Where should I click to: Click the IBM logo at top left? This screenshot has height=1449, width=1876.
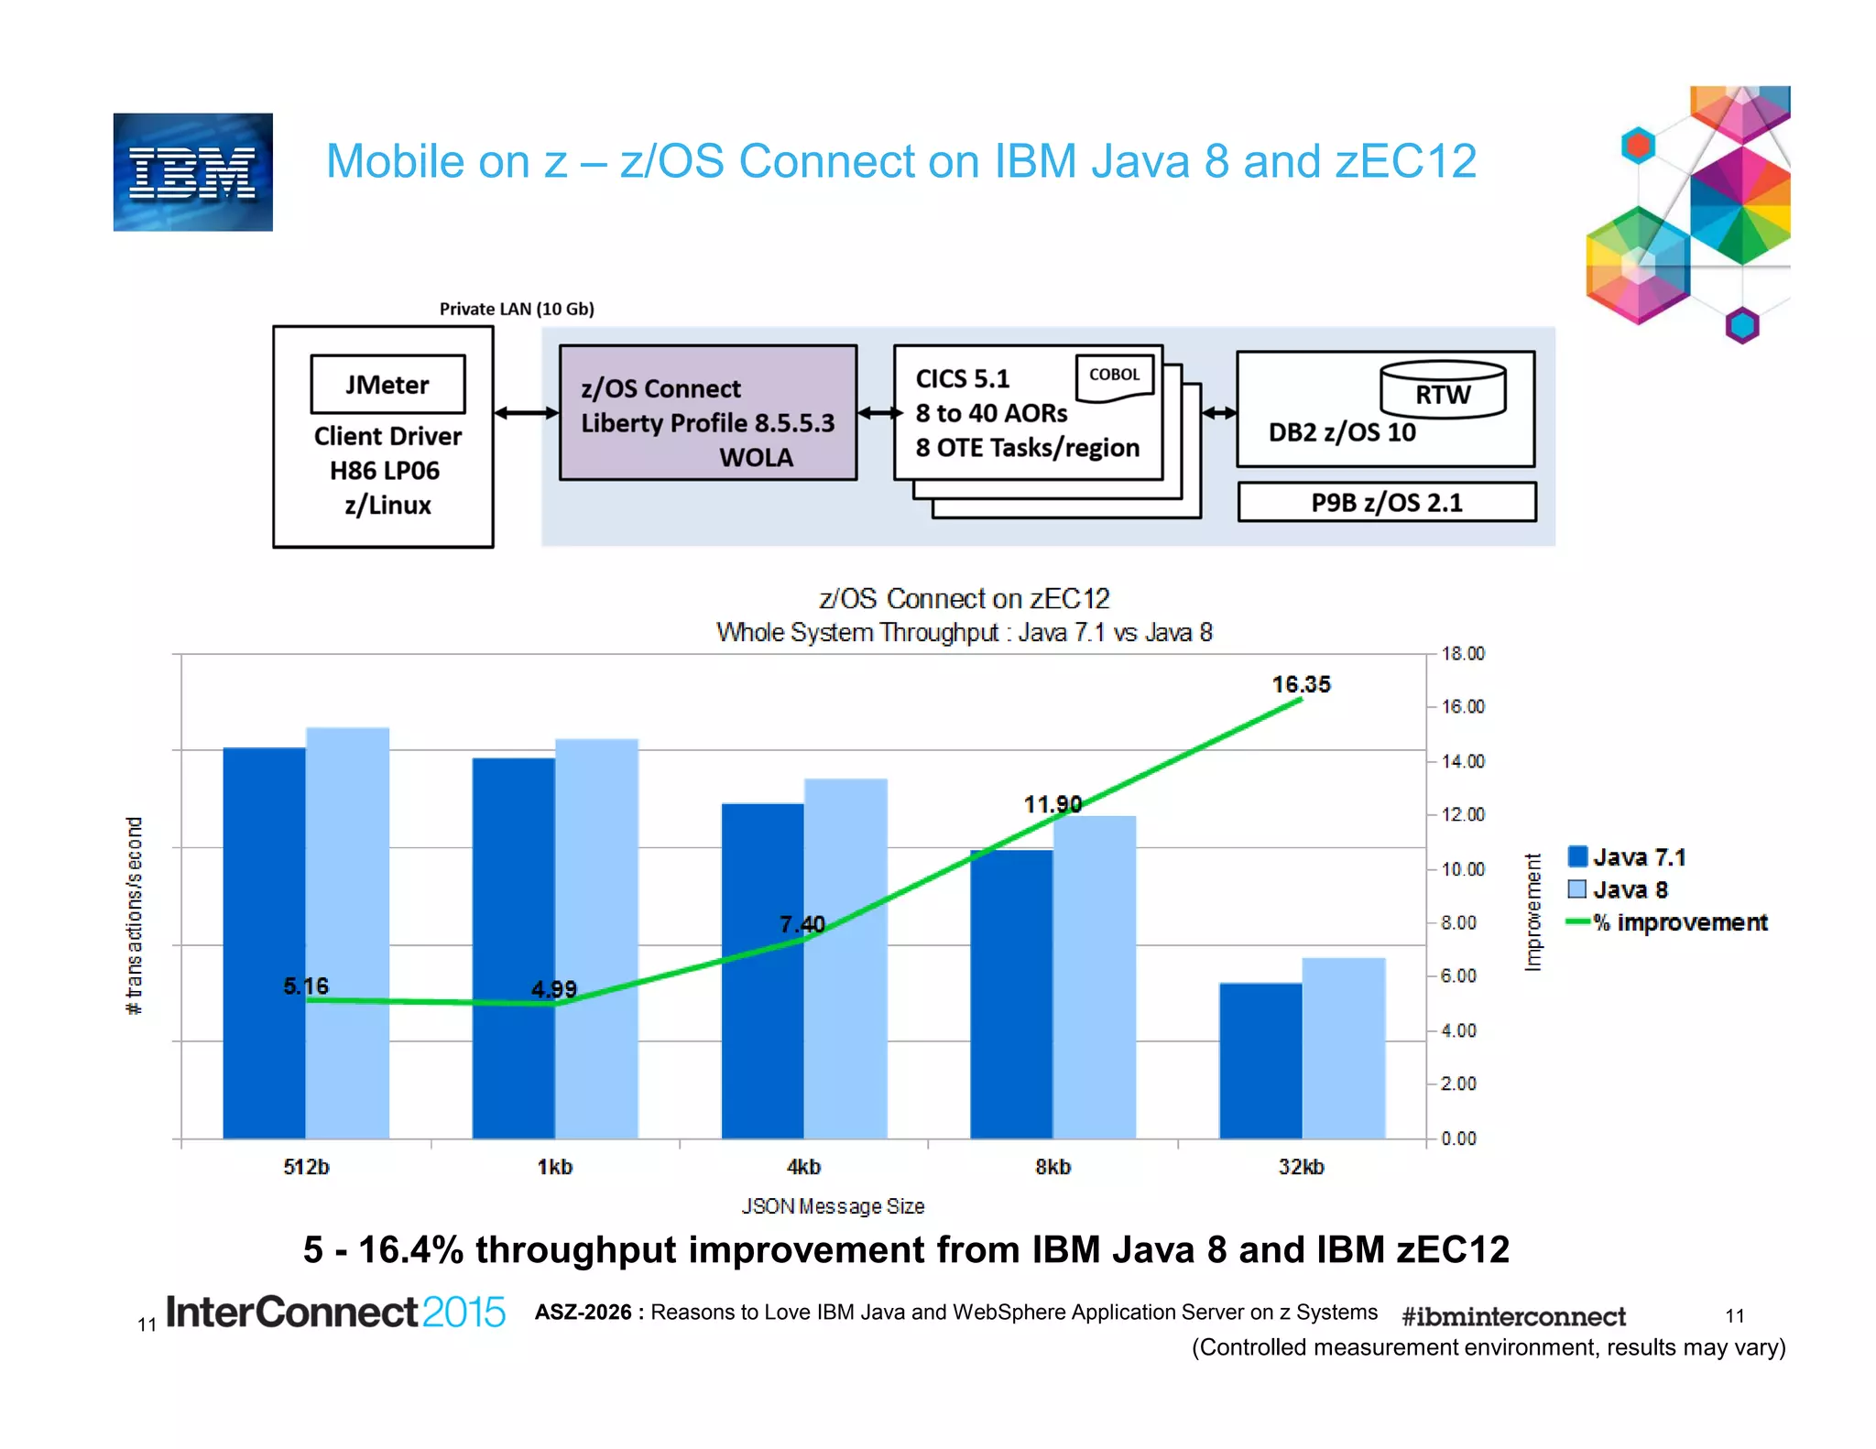192,172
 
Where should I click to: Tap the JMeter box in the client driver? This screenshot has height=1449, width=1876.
387,385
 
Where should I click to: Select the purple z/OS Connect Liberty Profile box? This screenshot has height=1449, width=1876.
707,413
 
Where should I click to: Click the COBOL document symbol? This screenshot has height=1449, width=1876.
1114,377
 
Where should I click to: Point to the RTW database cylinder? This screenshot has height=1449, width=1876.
1442,390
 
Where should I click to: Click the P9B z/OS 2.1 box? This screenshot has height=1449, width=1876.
1386,503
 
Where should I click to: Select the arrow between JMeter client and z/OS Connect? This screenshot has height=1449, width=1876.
527,413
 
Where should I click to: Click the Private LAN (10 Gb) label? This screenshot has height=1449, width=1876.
517,309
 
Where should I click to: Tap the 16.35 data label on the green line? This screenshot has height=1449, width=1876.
1301,684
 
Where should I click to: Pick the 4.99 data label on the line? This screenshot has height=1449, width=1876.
554,989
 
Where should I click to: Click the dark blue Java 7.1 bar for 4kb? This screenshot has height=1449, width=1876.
762,971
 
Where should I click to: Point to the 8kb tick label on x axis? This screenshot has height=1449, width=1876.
1053,1167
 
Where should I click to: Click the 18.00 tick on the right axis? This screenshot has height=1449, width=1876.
1462,654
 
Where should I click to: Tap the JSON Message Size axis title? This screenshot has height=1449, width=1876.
833,1206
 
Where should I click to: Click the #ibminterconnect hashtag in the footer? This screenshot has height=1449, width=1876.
1513,1317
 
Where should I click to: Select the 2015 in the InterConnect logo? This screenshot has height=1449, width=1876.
464,1313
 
